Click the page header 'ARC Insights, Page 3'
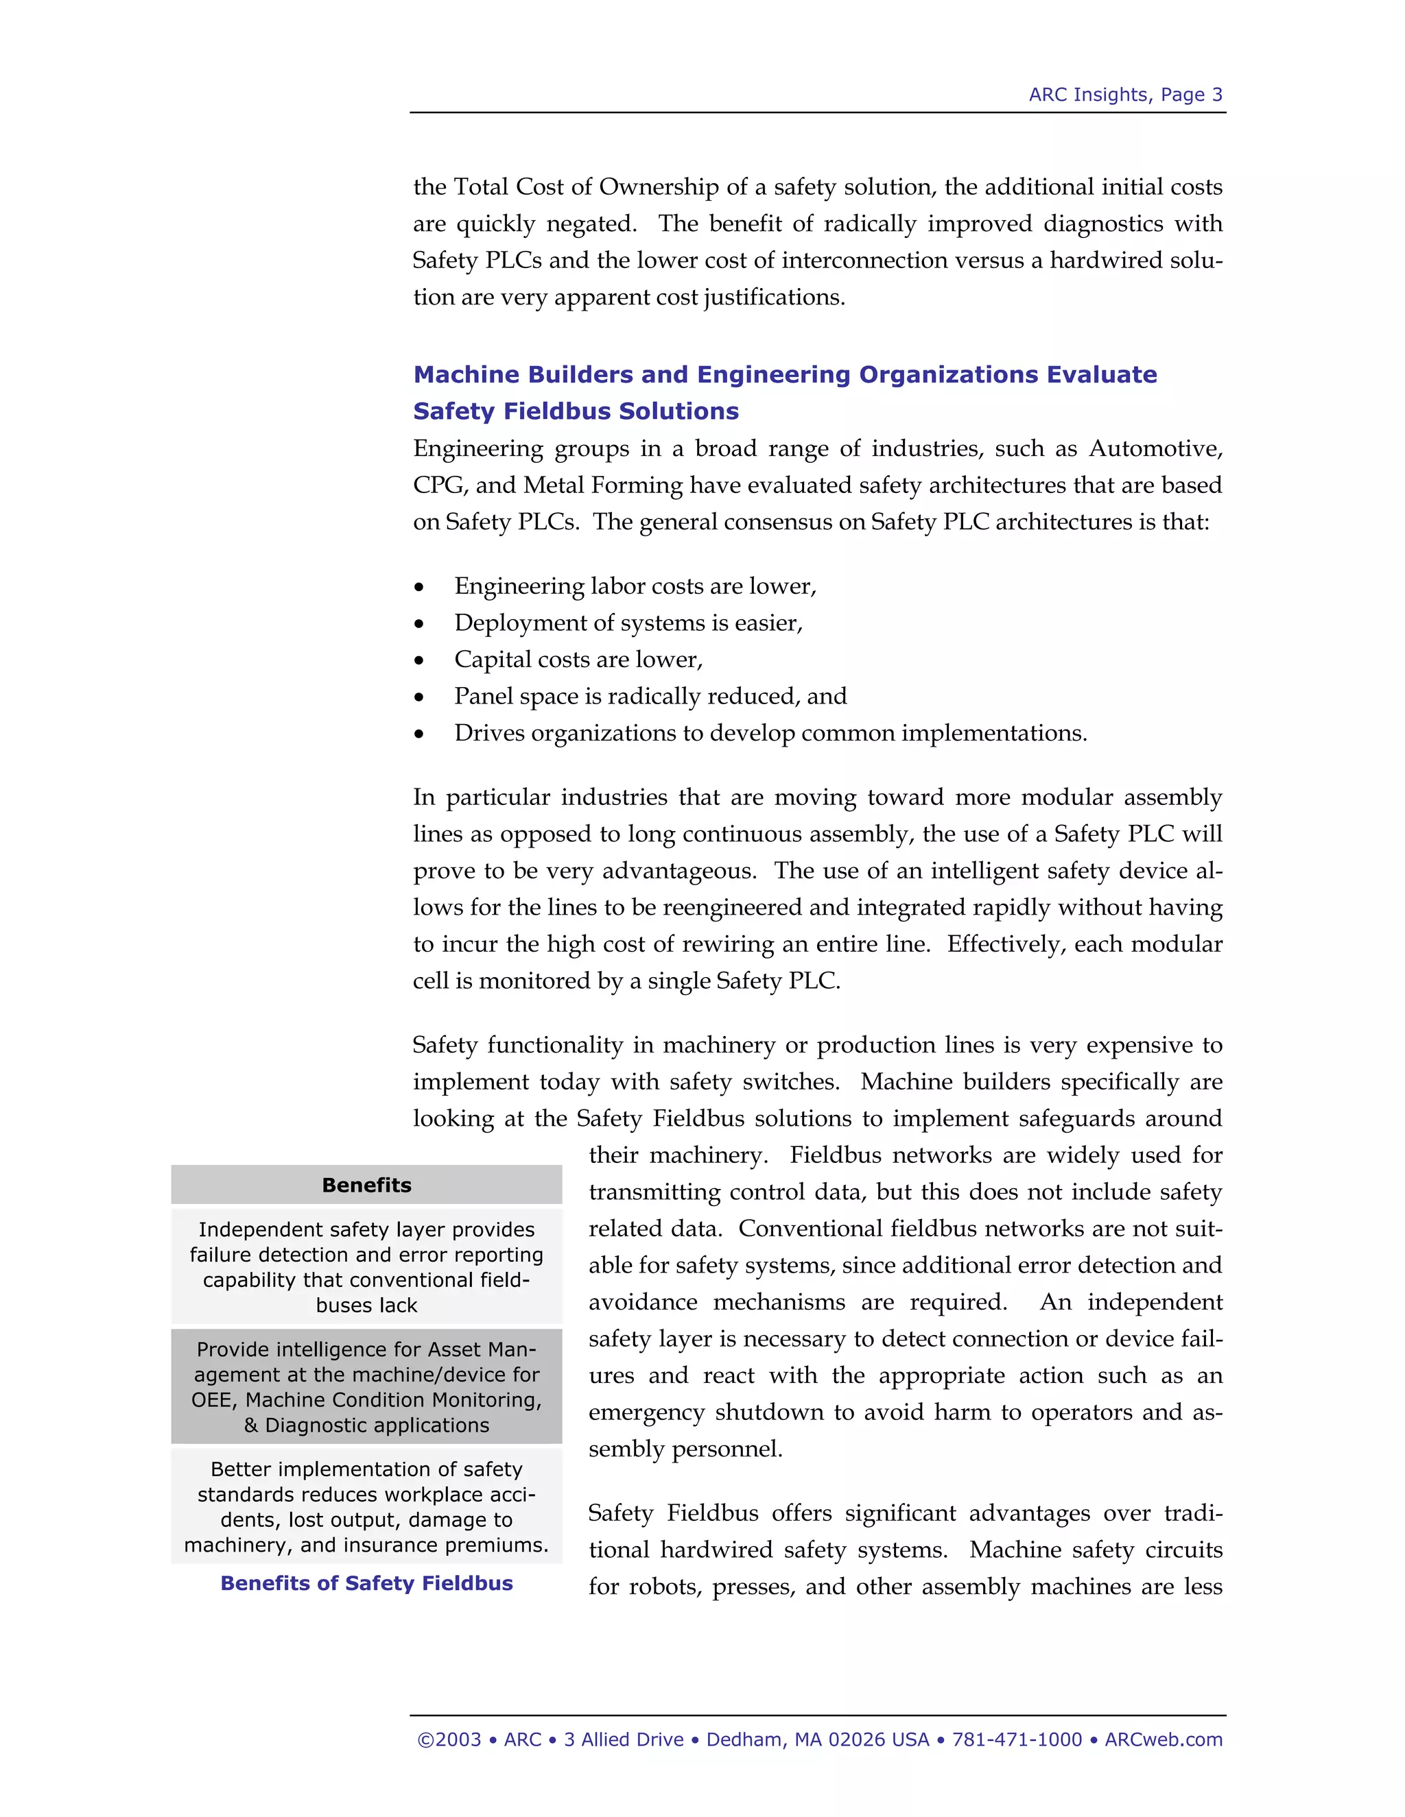(x=1124, y=95)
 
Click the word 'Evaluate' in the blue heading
(x=1101, y=375)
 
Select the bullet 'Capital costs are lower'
(x=578, y=660)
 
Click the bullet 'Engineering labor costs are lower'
(x=635, y=586)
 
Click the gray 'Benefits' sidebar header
(x=366, y=1185)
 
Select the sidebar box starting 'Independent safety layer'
(x=366, y=1266)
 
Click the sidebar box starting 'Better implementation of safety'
(x=366, y=1506)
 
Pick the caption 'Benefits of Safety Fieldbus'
(x=366, y=1583)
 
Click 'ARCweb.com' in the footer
(x=1163, y=1740)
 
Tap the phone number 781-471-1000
(x=1016, y=1740)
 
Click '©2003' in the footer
(x=449, y=1740)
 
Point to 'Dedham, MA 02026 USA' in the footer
(x=817, y=1740)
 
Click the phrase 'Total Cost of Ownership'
(x=586, y=187)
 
